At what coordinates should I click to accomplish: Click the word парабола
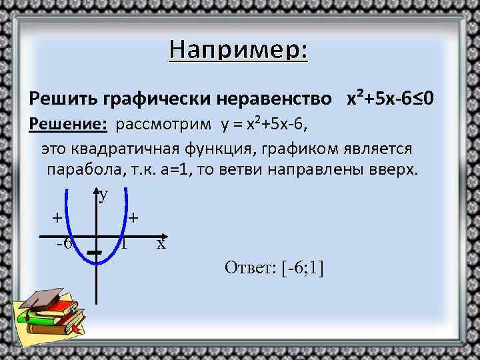click(83, 170)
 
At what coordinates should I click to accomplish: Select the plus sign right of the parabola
click(135, 217)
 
